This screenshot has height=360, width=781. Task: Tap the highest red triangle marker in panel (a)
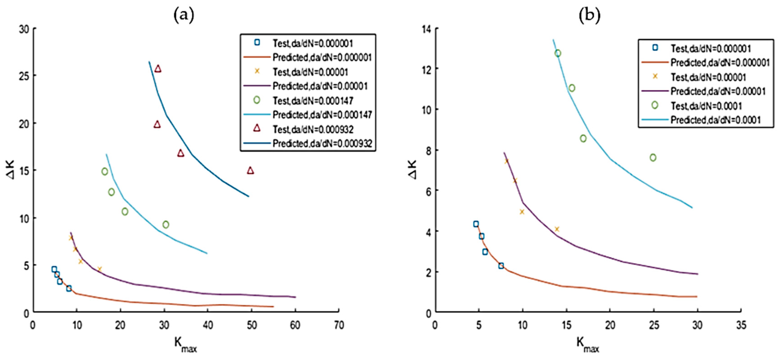pyautogui.click(x=158, y=69)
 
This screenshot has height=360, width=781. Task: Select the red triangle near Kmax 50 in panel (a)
pyautogui.click(x=250, y=171)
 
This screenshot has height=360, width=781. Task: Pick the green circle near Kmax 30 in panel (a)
pyautogui.click(x=165, y=224)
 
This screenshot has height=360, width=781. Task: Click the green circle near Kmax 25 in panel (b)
pyautogui.click(x=653, y=157)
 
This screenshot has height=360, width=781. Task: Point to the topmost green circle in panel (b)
pyautogui.click(x=558, y=53)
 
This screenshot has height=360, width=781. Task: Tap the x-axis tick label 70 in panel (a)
pyautogui.click(x=339, y=325)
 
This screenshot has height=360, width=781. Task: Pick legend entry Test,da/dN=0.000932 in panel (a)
pyautogui.click(x=313, y=129)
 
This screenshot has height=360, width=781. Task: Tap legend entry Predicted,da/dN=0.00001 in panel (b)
pyautogui.click(x=718, y=91)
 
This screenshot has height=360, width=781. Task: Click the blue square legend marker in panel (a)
pyautogui.click(x=257, y=42)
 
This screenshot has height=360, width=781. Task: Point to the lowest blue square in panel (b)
pyautogui.click(x=501, y=266)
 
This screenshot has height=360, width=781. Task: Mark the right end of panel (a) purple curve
pyautogui.click(x=295, y=297)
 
